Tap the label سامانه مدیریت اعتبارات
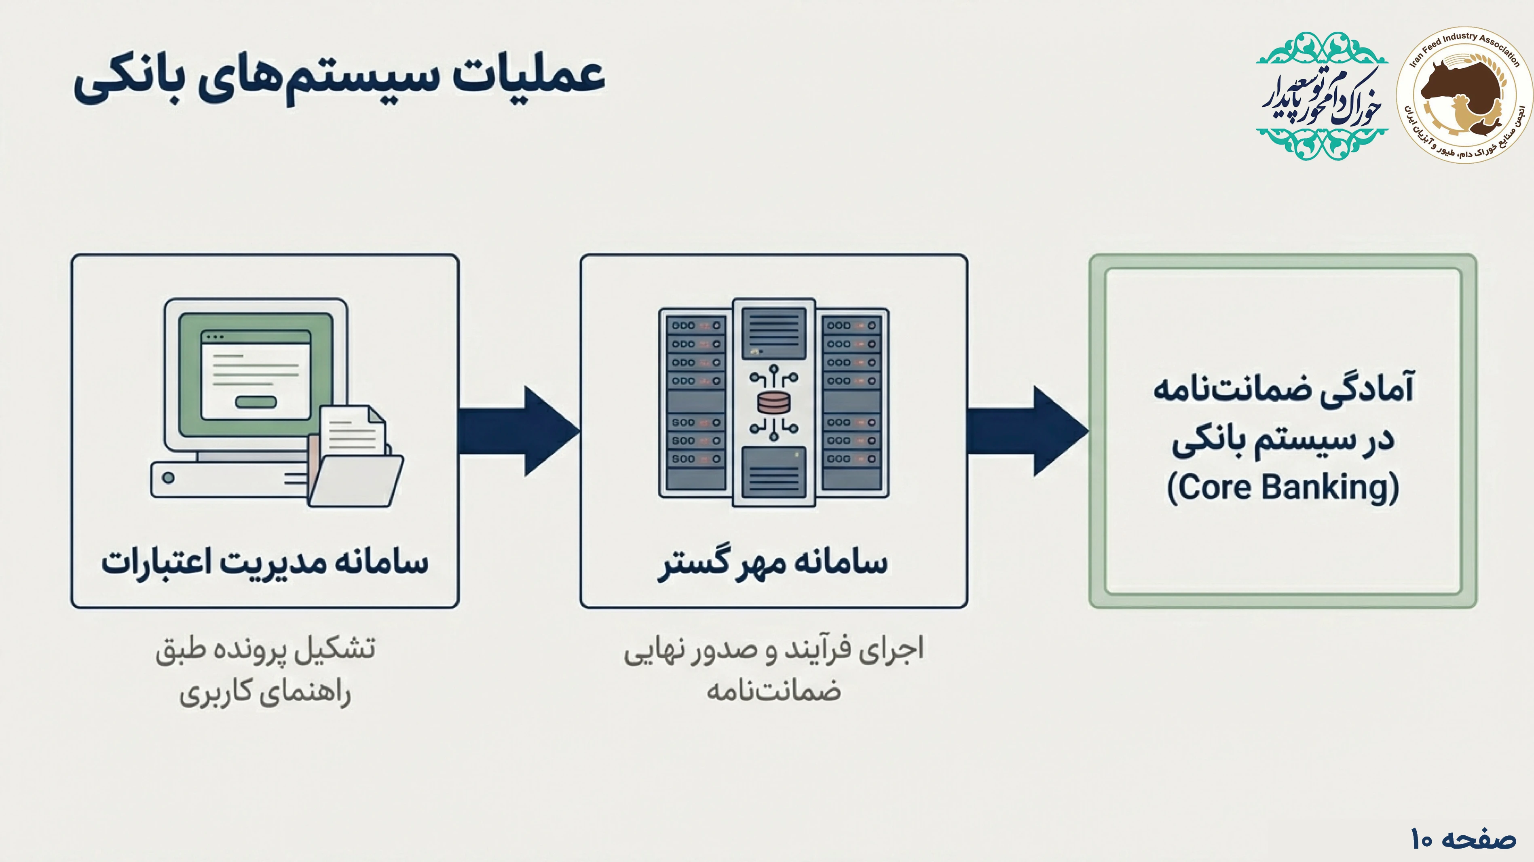coord(265,563)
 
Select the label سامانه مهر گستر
coord(773,563)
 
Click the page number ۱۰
coord(1421,839)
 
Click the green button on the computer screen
coord(256,402)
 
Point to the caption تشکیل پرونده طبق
coord(265,649)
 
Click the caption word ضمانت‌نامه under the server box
coord(773,691)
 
